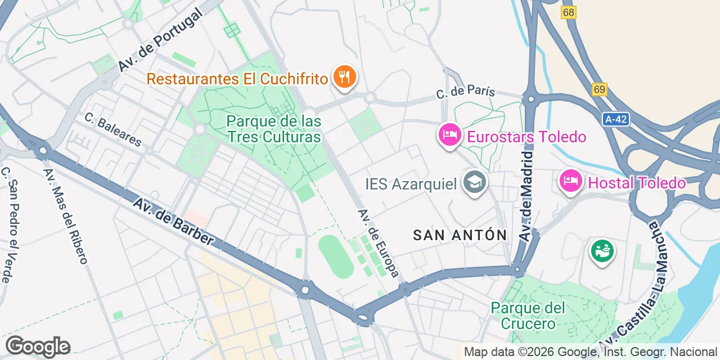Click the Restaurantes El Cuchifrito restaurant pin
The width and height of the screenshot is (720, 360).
[344, 77]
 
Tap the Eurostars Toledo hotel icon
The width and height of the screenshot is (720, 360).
[448, 136]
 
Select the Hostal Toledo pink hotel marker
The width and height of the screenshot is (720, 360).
[571, 182]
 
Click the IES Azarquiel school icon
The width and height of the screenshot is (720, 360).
[474, 183]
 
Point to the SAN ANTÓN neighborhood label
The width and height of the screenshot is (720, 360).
[460, 235]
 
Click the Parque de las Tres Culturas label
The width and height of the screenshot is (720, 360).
[274, 129]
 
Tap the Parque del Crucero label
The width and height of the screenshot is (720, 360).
[528, 316]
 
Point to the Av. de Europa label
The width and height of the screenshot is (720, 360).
[379, 243]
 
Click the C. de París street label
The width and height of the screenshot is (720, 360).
[466, 92]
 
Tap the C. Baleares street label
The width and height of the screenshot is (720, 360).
[113, 129]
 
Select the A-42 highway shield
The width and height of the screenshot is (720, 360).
[615, 119]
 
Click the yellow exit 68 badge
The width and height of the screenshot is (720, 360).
[569, 12]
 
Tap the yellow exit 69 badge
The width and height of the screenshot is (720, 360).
[600, 89]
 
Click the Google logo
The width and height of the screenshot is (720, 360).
[38, 346]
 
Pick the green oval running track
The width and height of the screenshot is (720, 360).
[336, 256]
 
